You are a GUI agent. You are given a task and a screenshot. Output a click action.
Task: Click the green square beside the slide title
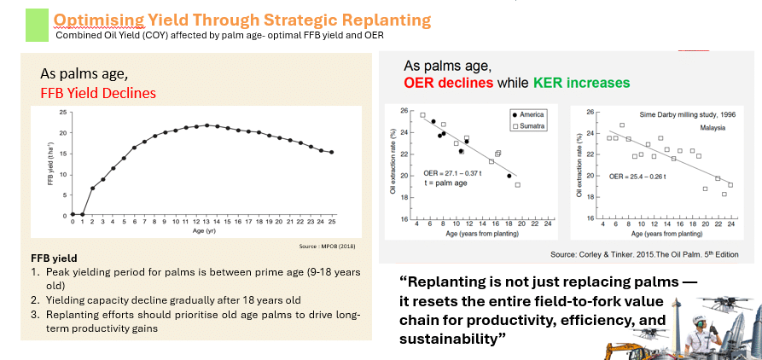coord(38,22)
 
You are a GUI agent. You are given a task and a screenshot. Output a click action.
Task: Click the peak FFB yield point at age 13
coord(206,125)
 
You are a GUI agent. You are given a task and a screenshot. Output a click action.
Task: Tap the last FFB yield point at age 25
coord(331,152)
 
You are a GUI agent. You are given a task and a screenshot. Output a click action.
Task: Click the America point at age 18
coord(509,176)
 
